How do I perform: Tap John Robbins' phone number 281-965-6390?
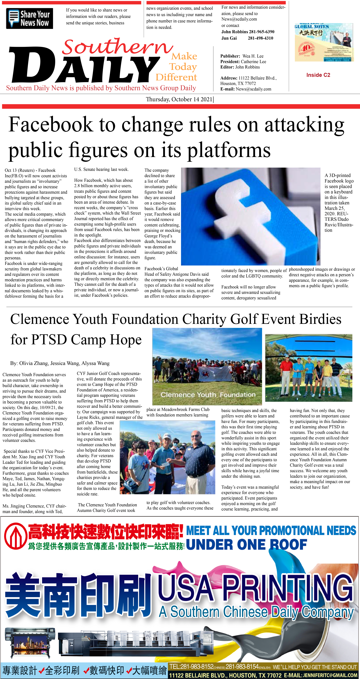(x=261, y=32)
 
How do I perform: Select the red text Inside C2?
(x=318, y=75)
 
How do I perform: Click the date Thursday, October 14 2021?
(x=179, y=99)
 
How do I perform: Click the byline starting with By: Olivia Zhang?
(x=60, y=363)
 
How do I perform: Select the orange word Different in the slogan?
(x=176, y=77)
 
